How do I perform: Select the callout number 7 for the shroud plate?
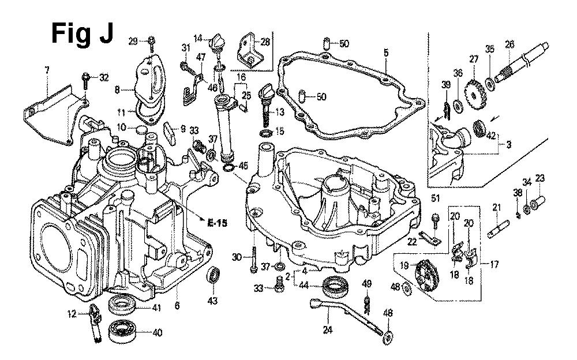[x=47, y=70]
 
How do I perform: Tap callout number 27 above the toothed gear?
[x=474, y=59]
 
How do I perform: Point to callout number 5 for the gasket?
[x=385, y=52]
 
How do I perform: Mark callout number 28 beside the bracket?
[x=265, y=42]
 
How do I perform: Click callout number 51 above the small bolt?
[x=435, y=200]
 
